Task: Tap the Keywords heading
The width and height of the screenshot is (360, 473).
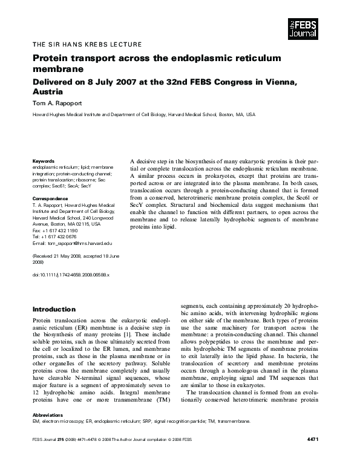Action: click(43, 162)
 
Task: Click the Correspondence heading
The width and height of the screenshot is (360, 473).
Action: click(51, 198)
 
